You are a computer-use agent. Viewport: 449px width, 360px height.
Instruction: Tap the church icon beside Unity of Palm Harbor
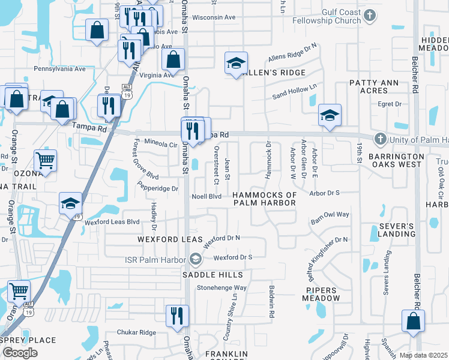[x=379, y=140]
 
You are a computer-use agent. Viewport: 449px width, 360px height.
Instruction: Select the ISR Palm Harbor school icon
[x=195, y=259]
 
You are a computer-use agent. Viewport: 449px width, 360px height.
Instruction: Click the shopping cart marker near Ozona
[x=46, y=160]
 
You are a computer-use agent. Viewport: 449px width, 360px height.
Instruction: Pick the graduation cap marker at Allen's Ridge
[x=237, y=62]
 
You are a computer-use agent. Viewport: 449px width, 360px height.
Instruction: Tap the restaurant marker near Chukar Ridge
[x=177, y=315]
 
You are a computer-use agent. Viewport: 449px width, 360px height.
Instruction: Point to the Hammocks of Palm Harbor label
[x=265, y=199]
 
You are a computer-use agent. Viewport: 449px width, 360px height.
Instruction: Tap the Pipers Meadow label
[x=321, y=294]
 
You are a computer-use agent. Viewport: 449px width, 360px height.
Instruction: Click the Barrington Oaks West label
[x=396, y=160]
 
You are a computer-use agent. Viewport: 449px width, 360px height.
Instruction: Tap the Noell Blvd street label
[x=206, y=196]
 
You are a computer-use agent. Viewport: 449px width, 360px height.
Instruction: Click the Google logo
[x=20, y=353]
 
